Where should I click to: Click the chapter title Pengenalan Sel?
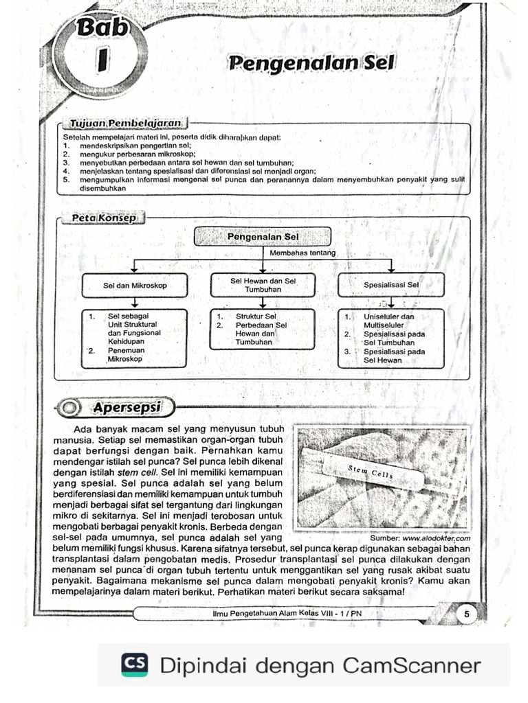click(311, 63)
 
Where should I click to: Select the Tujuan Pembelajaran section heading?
click(125, 123)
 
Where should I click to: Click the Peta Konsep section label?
click(104, 218)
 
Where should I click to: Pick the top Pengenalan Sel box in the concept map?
click(263, 237)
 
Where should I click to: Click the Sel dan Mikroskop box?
click(135, 285)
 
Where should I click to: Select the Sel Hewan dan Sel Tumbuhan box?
click(263, 285)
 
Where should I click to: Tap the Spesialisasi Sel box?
click(390, 284)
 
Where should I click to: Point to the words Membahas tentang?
click(302, 253)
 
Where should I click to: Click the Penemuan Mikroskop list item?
click(125, 354)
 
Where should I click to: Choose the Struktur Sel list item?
click(256, 316)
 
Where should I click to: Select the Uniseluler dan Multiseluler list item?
click(388, 321)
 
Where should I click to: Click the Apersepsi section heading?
click(127, 407)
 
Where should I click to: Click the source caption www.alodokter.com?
click(431, 538)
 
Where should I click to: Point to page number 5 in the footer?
click(466, 614)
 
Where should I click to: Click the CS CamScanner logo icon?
click(134, 665)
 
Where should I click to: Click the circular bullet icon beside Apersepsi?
click(69, 408)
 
